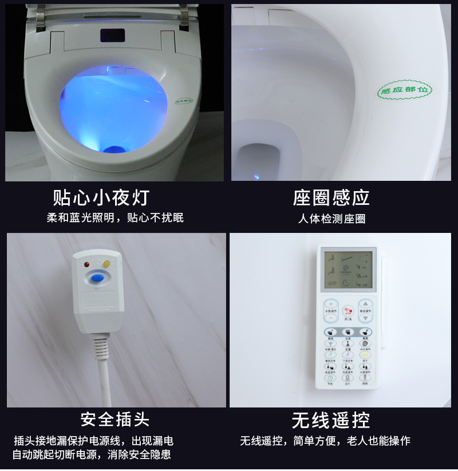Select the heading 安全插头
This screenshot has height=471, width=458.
114,419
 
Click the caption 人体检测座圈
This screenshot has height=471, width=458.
331,219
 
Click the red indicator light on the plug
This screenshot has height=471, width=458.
86,265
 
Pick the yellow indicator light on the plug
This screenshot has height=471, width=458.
106,264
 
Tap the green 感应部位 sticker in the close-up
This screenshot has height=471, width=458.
404,90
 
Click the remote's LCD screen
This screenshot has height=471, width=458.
347,270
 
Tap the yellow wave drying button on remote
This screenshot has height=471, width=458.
365,355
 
